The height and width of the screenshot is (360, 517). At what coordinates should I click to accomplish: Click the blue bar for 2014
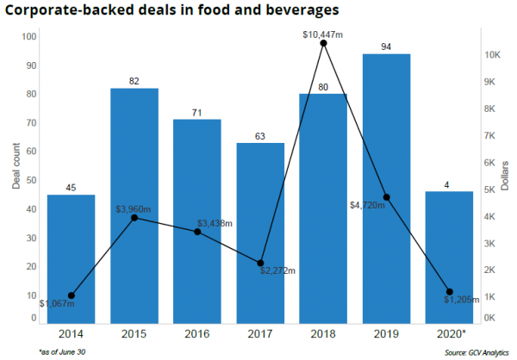71,258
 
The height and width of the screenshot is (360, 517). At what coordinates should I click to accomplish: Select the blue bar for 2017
260,233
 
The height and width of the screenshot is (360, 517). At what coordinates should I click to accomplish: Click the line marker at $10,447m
323,43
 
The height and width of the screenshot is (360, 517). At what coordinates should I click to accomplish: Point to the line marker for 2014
72,295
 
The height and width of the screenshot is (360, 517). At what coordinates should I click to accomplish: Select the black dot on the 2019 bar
387,197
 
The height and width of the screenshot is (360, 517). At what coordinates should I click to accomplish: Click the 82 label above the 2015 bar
134,81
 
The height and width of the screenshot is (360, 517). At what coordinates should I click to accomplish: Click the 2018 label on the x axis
323,332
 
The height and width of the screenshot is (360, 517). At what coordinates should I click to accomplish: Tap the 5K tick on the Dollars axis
490,189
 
